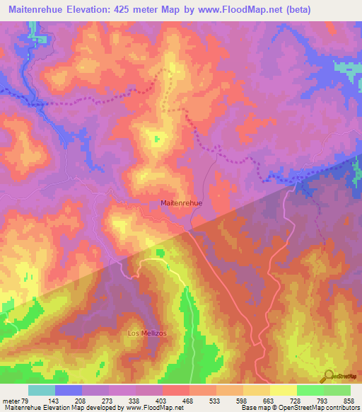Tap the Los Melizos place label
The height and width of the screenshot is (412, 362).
146,333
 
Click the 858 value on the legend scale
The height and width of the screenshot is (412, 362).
349,400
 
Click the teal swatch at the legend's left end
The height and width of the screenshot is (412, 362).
42,390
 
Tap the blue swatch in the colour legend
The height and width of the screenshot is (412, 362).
69,390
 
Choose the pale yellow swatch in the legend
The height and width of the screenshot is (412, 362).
283,390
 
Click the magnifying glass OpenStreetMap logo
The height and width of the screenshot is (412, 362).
328,376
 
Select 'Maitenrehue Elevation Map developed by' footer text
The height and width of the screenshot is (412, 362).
62,408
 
